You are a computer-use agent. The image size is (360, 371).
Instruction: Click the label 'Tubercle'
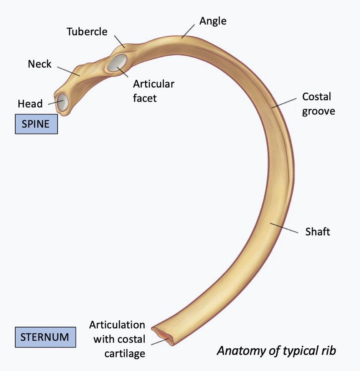click(87, 31)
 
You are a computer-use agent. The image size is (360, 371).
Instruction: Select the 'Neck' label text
click(40, 64)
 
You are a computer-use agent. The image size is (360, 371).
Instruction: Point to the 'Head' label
click(30, 104)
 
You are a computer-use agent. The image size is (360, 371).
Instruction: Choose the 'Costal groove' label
click(319, 104)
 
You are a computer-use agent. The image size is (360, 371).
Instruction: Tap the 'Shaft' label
click(318, 232)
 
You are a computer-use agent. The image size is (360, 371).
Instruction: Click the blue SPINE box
click(36, 124)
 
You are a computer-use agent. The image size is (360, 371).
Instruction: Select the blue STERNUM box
click(45, 337)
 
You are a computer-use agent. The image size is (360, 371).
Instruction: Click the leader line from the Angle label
click(188, 32)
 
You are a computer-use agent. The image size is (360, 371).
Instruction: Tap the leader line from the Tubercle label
click(119, 41)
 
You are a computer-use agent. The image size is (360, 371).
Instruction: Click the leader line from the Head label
click(55, 103)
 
